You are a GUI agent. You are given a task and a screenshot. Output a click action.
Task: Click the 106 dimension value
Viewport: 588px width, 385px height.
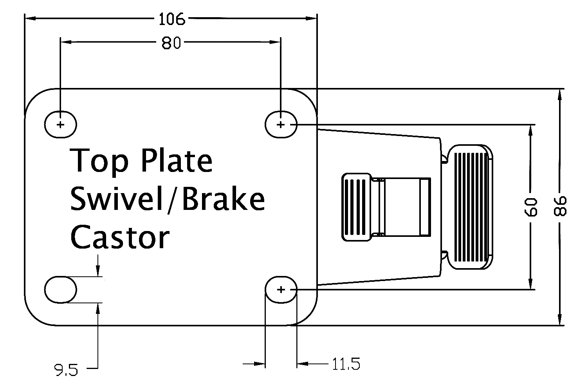click(171, 18)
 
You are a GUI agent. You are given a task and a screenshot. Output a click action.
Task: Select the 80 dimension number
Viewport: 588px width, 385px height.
click(171, 43)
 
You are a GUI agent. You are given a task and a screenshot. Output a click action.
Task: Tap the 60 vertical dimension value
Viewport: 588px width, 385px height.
click(532, 206)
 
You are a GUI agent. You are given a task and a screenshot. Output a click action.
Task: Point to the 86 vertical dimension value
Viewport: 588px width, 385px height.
click(561, 206)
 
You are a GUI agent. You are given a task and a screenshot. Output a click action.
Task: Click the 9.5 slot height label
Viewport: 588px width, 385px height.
click(66, 370)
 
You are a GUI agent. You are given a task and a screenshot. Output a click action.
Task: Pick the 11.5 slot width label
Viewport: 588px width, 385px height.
click(346, 364)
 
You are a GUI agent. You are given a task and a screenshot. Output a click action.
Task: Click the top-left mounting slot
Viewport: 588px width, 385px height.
click(60, 125)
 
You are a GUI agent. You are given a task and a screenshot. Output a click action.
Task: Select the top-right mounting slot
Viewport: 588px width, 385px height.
click(281, 125)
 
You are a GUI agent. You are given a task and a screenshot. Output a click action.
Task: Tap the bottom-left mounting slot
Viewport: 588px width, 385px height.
click(60, 290)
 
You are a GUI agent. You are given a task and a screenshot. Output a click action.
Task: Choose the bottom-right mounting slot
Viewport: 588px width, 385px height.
click(281, 290)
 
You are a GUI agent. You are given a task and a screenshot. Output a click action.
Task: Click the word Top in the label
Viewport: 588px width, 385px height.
click(99, 161)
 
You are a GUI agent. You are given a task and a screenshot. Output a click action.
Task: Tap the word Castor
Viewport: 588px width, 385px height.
click(119, 237)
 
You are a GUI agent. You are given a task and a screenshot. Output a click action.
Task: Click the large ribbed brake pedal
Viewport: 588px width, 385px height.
click(471, 207)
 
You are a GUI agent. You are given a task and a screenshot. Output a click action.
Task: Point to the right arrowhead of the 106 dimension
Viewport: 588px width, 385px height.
click(311, 18)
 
